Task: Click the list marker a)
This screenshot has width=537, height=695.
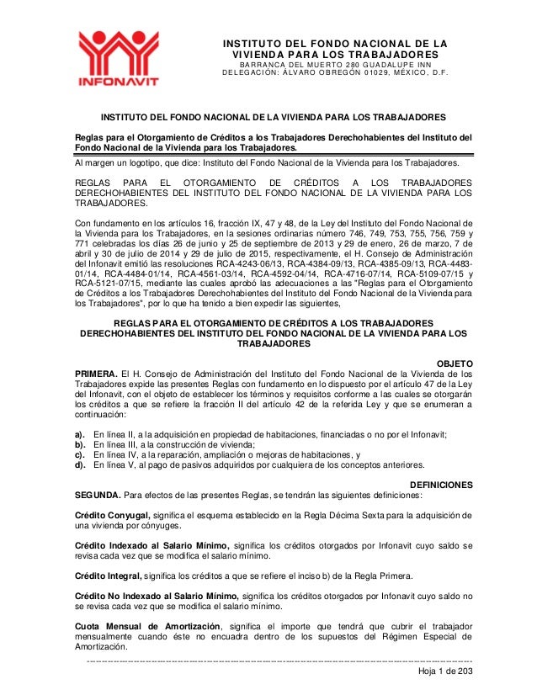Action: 81,434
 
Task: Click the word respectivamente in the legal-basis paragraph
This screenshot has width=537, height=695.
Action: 278,251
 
